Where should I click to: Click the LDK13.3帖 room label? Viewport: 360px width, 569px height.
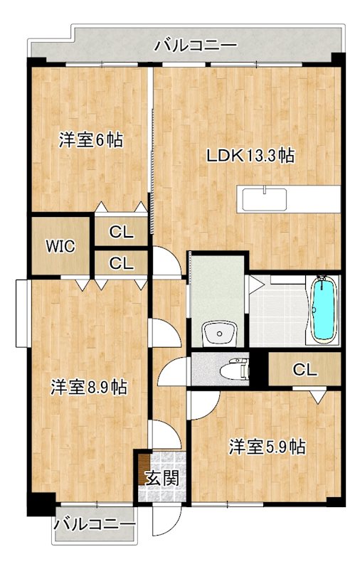tap(251, 154)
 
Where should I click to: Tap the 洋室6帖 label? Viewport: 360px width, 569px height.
tap(90, 140)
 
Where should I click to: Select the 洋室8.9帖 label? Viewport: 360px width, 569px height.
tap(89, 388)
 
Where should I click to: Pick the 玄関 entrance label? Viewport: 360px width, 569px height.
tap(162, 478)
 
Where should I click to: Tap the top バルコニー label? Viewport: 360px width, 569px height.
tap(196, 46)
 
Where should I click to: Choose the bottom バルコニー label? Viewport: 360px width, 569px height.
tap(94, 526)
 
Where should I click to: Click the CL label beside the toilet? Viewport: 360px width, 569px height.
tap(305, 370)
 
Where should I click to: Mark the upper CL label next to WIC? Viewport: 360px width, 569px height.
tap(122, 231)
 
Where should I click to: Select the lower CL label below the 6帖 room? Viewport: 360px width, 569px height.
tap(122, 263)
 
